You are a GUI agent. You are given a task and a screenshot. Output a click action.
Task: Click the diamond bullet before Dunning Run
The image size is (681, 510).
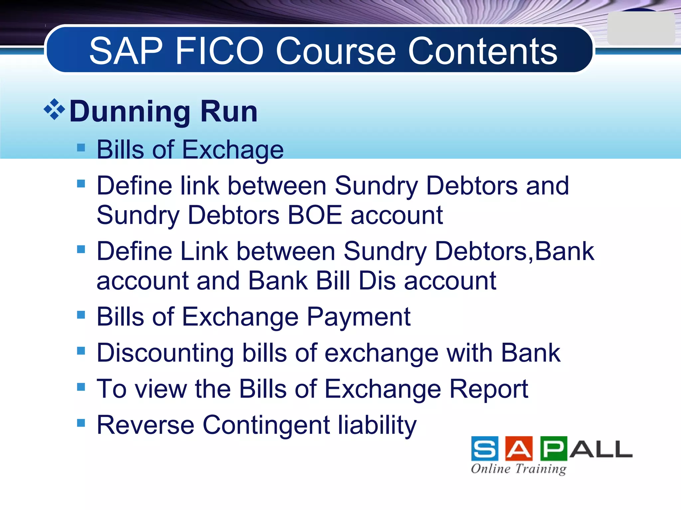click(x=54, y=109)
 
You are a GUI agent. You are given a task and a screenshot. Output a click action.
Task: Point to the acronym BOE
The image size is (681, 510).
click(x=315, y=215)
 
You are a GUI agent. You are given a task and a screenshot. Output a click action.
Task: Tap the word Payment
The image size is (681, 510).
click(x=358, y=317)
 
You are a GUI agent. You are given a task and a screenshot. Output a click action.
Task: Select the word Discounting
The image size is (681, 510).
click(x=165, y=353)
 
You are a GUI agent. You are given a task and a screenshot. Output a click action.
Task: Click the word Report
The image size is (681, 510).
click(x=488, y=389)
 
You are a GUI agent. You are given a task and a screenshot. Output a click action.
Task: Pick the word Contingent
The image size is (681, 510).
click(x=266, y=425)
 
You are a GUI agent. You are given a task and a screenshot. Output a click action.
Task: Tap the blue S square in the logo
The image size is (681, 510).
click(x=485, y=449)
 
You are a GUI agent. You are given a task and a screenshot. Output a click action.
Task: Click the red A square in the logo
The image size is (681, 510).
click(x=519, y=449)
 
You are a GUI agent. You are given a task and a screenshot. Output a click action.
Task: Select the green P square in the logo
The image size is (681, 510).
click(x=554, y=449)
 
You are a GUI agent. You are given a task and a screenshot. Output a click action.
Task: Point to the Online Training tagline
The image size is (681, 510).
click(x=518, y=469)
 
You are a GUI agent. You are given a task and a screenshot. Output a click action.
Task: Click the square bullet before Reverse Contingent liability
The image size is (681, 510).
click(x=81, y=423)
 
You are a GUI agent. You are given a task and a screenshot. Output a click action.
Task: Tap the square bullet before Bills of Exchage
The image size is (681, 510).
click(x=81, y=147)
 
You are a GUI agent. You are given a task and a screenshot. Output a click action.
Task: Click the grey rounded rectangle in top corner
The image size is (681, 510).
click(x=640, y=29)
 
